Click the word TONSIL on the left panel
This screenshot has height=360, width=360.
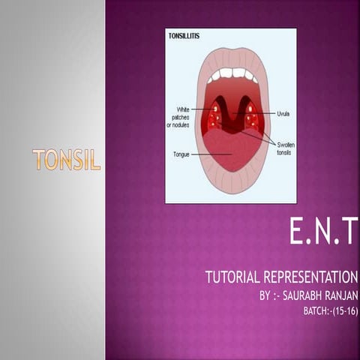[67, 159]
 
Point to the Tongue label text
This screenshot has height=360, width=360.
[178, 154]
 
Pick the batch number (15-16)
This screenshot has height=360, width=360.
[344, 310]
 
